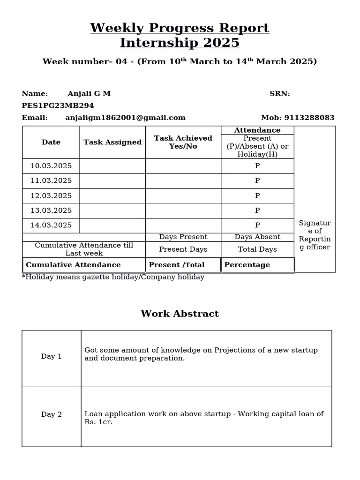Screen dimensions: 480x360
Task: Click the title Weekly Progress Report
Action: [x=180, y=28]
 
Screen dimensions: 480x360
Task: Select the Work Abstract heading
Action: [x=180, y=314]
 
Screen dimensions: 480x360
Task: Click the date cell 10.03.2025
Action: [x=51, y=166]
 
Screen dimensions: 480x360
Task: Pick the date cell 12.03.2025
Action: [x=51, y=195]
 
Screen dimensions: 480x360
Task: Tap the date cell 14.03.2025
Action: [x=51, y=225]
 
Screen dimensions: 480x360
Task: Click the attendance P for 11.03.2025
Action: [x=257, y=181]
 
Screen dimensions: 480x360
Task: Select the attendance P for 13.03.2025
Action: [x=257, y=210]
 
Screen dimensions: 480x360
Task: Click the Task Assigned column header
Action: [x=112, y=142]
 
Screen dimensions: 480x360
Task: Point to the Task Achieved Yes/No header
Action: [x=183, y=142]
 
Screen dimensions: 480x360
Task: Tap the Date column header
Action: [x=51, y=142]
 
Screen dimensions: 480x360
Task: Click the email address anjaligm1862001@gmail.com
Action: [x=125, y=118]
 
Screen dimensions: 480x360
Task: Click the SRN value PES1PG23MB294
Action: [x=58, y=105]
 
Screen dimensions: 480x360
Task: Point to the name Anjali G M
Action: [x=89, y=93]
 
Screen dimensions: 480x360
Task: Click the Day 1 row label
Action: [x=52, y=356]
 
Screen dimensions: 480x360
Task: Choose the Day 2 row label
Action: [x=52, y=414]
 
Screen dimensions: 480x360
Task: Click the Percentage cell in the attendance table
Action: [x=247, y=265]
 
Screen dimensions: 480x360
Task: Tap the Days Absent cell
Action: [x=257, y=237]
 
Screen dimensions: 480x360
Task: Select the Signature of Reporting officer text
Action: [x=315, y=235]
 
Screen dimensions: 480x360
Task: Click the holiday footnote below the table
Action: [x=113, y=277]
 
